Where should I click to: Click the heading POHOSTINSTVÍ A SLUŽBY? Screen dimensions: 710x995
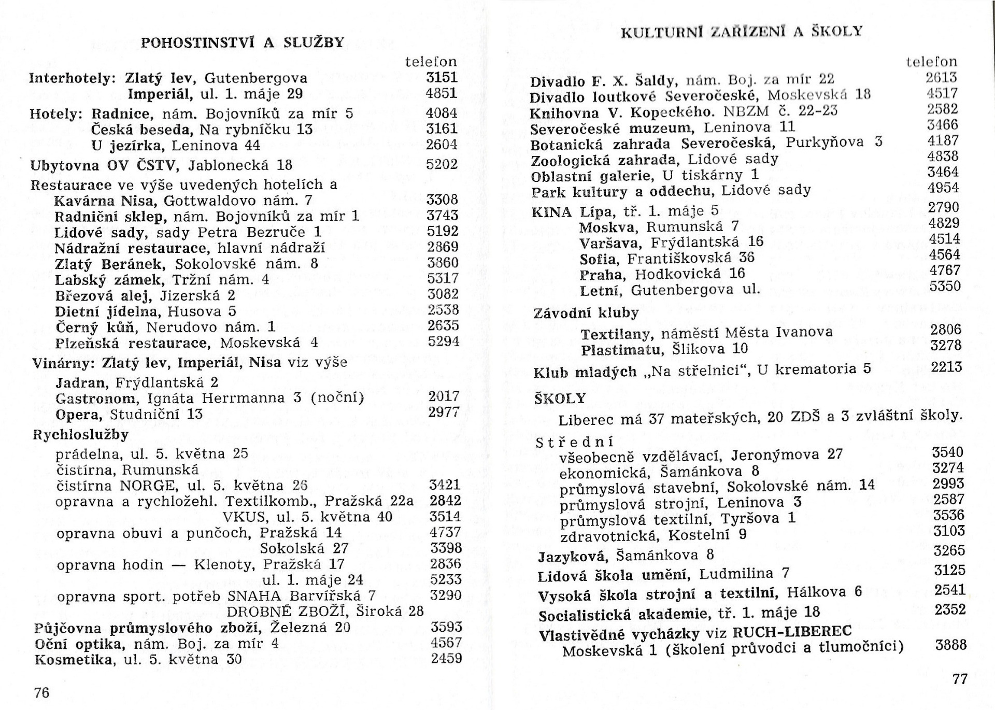(243, 42)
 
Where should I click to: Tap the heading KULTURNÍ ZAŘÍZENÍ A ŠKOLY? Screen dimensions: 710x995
(741, 32)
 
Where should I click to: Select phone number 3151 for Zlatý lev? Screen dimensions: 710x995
(442, 78)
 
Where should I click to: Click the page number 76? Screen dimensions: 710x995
(41, 692)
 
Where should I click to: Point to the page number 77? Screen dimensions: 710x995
(960, 679)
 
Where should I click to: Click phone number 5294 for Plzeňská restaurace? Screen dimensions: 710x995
(443, 342)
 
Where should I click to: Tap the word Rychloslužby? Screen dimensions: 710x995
(80, 434)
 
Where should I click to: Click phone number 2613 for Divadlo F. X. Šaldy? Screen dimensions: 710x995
(942, 78)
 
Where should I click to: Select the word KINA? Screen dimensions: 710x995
(551, 212)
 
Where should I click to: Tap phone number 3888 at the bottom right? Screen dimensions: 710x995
(950, 645)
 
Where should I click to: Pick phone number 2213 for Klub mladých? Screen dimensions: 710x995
(946, 367)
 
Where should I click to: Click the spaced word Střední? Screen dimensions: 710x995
(574, 443)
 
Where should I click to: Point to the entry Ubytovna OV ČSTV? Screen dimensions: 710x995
(104, 165)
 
